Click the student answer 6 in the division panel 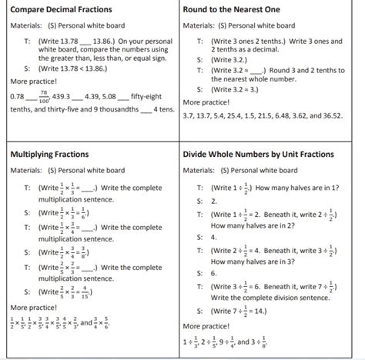tap(214, 273)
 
